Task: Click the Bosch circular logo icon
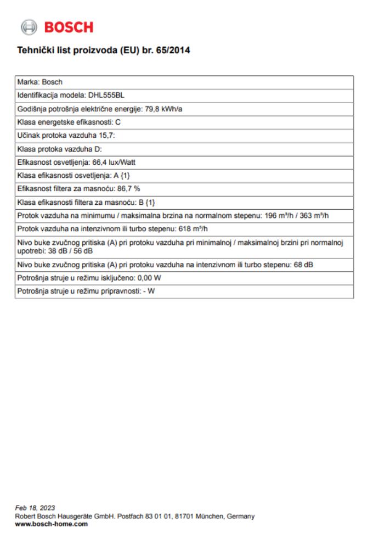coord(28,27)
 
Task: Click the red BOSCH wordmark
coord(69,27)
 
